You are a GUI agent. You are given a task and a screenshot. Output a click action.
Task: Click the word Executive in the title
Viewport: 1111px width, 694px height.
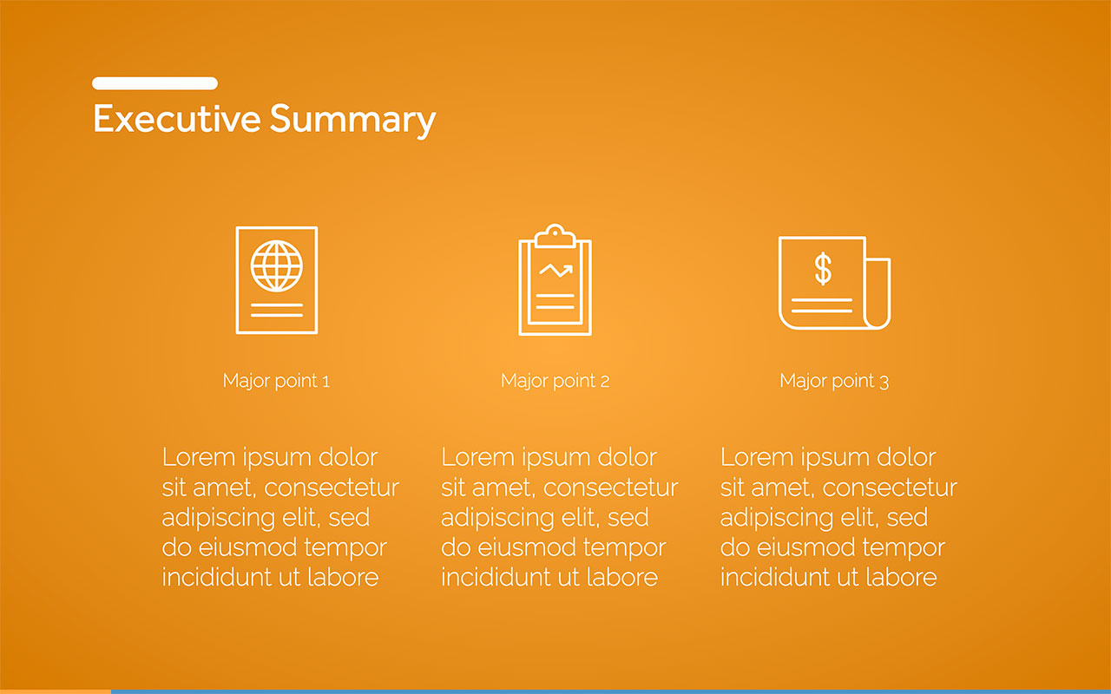pyautogui.click(x=176, y=119)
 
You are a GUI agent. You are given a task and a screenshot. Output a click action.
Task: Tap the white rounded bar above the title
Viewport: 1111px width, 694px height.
pyautogui.click(x=154, y=83)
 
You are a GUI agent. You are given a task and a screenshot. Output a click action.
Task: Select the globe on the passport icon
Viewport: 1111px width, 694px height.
pyautogui.click(x=277, y=265)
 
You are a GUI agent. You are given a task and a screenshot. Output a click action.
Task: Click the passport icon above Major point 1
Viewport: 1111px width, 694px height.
pyautogui.click(x=277, y=280)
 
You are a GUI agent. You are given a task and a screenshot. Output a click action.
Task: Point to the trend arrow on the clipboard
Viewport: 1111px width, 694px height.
pyautogui.click(x=556, y=271)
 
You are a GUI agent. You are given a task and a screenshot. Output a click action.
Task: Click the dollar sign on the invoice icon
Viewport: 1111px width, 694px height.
pyautogui.click(x=823, y=269)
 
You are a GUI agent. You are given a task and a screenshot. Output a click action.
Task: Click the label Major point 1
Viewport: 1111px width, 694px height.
pyautogui.click(x=276, y=381)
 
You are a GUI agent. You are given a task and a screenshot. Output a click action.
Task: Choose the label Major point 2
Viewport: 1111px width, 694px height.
pyautogui.click(x=555, y=381)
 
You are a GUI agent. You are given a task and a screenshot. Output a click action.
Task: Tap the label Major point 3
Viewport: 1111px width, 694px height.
pyautogui.click(x=834, y=381)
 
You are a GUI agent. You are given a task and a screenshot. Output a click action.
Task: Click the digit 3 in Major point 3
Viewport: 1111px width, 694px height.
pyautogui.click(x=884, y=382)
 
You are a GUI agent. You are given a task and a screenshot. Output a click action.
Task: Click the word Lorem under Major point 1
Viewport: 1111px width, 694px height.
pyautogui.click(x=199, y=457)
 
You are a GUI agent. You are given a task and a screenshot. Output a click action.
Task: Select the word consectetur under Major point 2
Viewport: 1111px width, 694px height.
pyautogui.click(x=610, y=488)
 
